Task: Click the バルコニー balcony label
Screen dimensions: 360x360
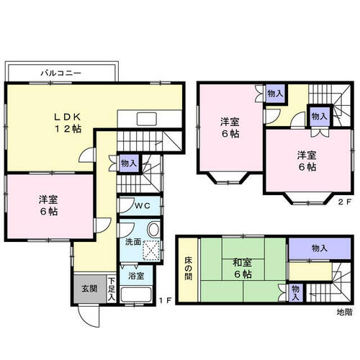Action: pyautogui.click(x=60, y=73)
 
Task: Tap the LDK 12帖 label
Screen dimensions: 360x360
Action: pyautogui.click(x=68, y=123)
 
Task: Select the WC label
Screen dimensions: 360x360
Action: pyautogui.click(x=143, y=205)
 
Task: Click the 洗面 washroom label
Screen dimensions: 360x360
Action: pyautogui.click(x=133, y=242)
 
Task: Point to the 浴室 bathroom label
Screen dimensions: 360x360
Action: pyautogui.click(x=136, y=276)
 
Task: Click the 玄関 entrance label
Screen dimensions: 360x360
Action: pyautogui.click(x=89, y=289)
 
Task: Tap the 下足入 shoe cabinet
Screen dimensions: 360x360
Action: pyautogui.click(x=112, y=289)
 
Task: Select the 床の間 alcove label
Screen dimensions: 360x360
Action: pyautogui.click(x=189, y=269)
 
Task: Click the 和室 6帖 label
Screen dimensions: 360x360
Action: pyautogui.click(x=243, y=269)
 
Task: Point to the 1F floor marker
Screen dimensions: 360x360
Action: pyautogui.click(x=166, y=300)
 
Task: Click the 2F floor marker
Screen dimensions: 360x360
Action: pyautogui.click(x=345, y=202)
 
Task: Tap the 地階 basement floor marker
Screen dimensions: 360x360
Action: pyautogui.click(x=345, y=312)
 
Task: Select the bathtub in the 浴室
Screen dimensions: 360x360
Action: pyautogui.click(x=136, y=294)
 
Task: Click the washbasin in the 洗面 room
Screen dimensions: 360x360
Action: pyautogui.click(x=153, y=230)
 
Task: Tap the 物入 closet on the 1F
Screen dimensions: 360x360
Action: pyautogui.click(x=129, y=163)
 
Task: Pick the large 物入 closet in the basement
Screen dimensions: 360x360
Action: pyautogui.click(x=319, y=248)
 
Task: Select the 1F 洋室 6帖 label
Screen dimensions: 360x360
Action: pyautogui.click(x=48, y=206)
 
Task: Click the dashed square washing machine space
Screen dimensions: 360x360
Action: pyautogui.click(x=151, y=250)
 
